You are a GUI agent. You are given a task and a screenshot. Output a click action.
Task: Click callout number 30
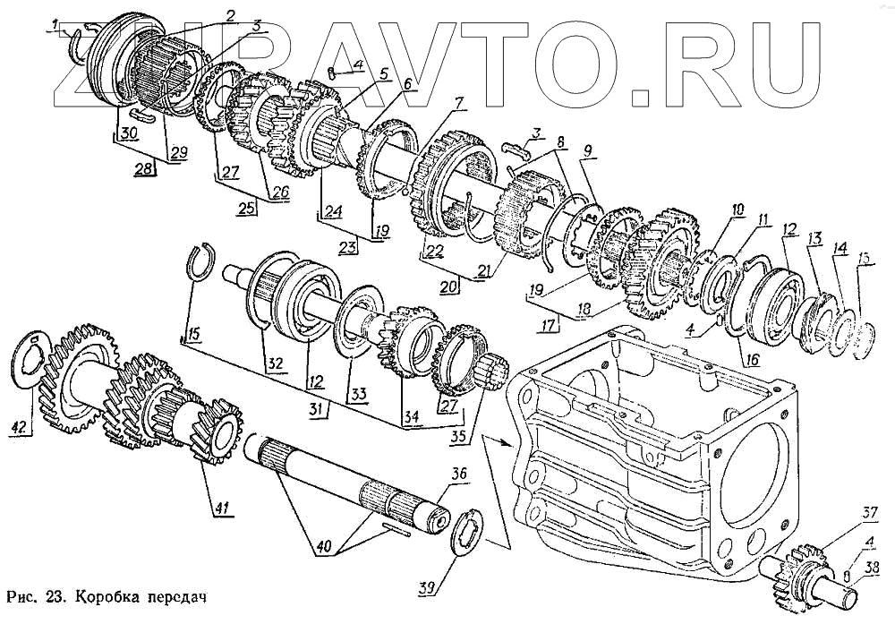click(x=129, y=132)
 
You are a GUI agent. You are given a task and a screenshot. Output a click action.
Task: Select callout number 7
click(x=458, y=104)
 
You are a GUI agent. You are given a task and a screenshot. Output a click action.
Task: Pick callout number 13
click(x=815, y=238)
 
